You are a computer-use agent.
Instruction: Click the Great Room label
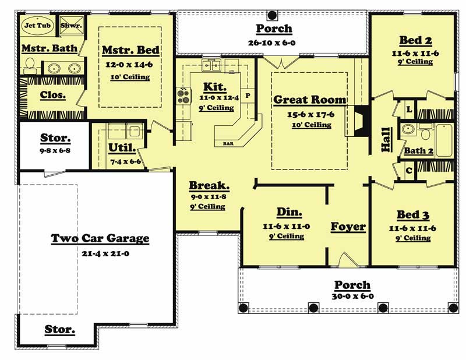tap(309, 100)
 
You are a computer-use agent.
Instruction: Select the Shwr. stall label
tap(71, 26)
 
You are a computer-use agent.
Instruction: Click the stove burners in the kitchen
tap(183, 93)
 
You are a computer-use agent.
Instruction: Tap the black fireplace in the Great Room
tap(361, 121)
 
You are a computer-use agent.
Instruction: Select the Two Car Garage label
tap(100, 238)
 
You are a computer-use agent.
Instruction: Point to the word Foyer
tap(348, 227)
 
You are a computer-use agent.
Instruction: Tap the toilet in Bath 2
tap(425, 133)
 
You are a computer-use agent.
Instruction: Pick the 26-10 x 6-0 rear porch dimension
tap(274, 43)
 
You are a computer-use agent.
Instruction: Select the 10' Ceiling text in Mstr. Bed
tap(130, 77)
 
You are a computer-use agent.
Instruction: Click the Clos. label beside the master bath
tap(52, 95)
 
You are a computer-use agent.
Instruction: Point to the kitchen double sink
tap(211, 64)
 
